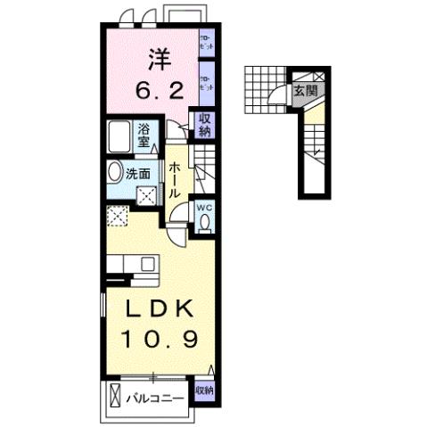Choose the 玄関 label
pyautogui.click(x=304, y=90)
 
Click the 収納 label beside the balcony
pyautogui.click(x=203, y=390)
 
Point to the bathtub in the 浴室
pyautogui.click(x=119, y=138)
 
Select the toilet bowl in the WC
pyautogui.click(x=204, y=223)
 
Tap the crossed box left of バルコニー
pyautogui.click(x=113, y=394)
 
